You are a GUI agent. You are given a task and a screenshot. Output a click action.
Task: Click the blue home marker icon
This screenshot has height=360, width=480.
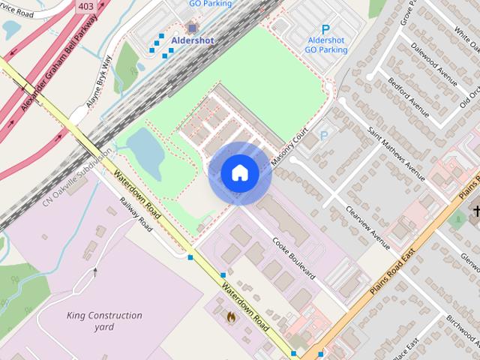coord(239,173)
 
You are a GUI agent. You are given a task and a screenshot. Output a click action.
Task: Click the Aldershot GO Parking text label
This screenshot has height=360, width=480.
coord(325,44)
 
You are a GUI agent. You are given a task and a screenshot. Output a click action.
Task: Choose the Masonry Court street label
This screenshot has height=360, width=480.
coord(290,146)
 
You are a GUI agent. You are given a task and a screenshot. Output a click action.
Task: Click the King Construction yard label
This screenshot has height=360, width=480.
coord(103,321)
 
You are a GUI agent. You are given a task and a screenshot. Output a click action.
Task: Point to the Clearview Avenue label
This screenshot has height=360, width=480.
coord(367,227)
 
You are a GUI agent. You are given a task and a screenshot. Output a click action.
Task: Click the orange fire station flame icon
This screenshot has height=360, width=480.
coord(230,316)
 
